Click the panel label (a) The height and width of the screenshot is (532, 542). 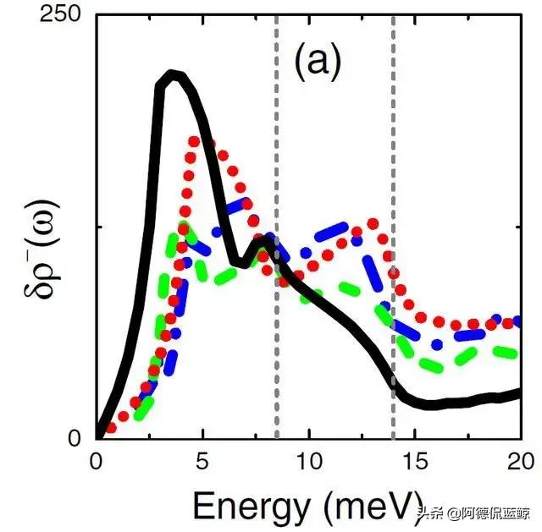click(x=318, y=63)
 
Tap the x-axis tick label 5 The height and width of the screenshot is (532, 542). click(x=202, y=462)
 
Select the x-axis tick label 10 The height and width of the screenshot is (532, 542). click(x=309, y=462)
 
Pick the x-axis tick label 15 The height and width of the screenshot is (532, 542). click(x=415, y=462)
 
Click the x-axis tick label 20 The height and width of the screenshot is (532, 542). click(x=519, y=462)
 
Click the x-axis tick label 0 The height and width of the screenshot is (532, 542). click(x=97, y=462)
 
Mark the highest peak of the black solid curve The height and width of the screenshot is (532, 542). click(x=173, y=75)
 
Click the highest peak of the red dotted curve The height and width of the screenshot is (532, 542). click(x=195, y=140)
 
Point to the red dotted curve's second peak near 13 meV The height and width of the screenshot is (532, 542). click(x=371, y=224)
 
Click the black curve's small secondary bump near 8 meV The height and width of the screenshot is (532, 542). click(x=263, y=240)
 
